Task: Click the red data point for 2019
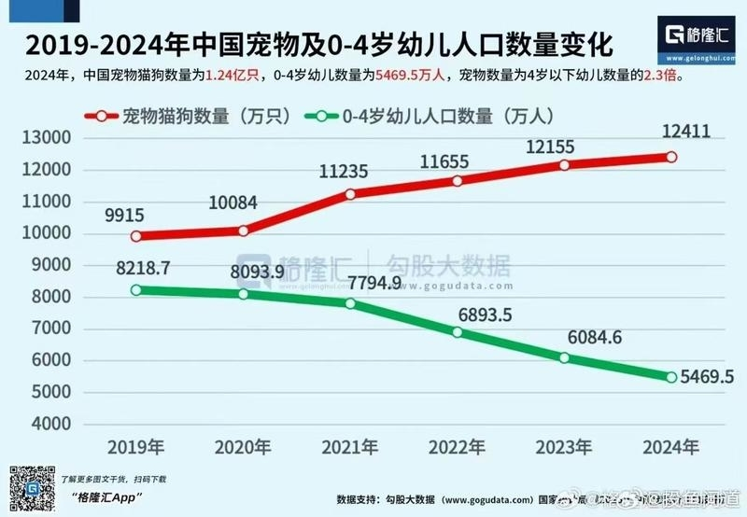[x=136, y=236]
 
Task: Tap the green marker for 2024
[x=670, y=377]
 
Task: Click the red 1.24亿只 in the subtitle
[x=236, y=77]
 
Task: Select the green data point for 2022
[x=458, y=332]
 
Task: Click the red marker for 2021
[x=350, y=194]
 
